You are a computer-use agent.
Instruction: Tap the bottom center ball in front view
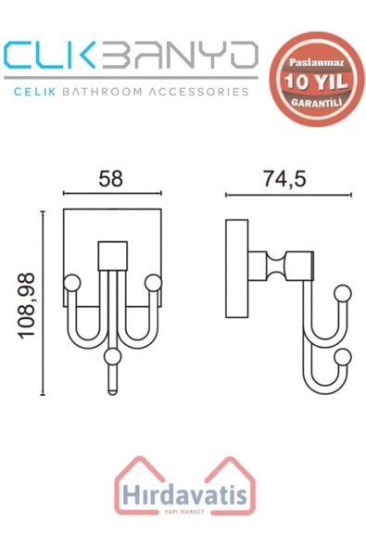[x=112, y=355]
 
